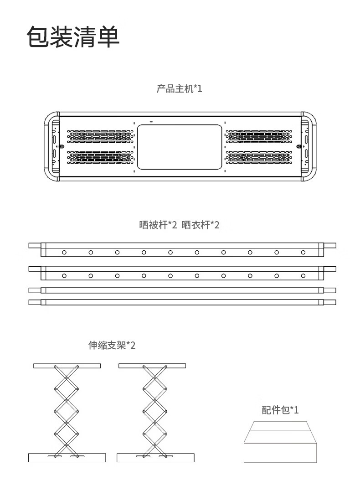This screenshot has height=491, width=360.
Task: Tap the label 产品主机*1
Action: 179,88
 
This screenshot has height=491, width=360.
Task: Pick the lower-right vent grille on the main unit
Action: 258,157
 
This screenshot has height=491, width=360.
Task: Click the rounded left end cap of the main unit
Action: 51,146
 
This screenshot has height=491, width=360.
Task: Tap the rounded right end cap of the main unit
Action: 309,146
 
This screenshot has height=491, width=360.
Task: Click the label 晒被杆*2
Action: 158,225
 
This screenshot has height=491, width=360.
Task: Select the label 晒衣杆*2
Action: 201,225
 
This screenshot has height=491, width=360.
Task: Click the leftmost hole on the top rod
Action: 65,252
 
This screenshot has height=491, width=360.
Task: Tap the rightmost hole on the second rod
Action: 303,275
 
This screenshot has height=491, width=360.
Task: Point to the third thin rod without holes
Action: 182,290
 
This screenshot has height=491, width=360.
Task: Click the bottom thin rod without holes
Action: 182,302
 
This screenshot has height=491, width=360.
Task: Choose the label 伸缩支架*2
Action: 112,345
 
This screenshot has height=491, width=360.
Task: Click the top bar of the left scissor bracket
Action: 67,366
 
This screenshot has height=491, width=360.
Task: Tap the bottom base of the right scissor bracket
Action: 155,457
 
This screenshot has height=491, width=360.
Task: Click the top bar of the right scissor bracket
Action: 152,366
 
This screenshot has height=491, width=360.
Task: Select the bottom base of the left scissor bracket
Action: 67,457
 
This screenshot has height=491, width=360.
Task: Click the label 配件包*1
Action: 280,410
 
